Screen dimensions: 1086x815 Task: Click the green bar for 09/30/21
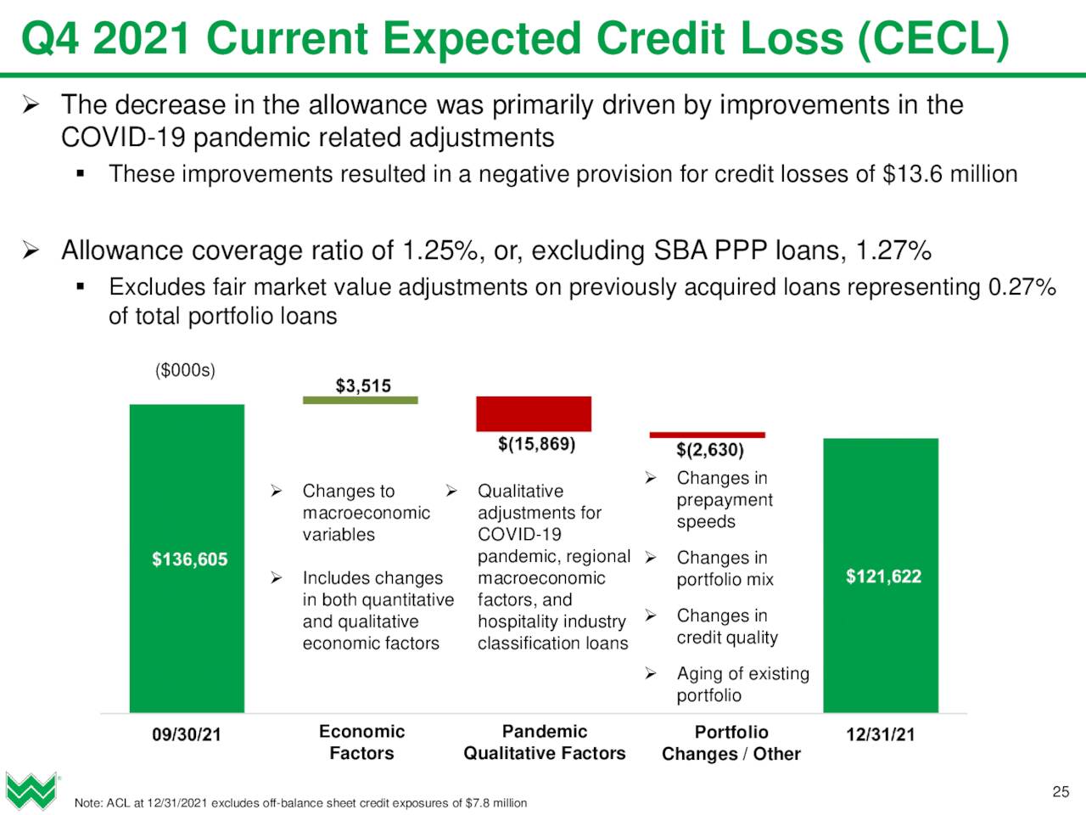[x=187, y=558]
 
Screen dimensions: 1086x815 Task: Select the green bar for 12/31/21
[x=881, y=575]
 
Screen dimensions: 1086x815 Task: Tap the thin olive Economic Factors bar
[x=361, y=400]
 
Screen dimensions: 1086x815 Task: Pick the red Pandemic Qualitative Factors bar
[x=534, y=413]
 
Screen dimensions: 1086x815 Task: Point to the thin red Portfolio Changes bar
[x=707, y=435]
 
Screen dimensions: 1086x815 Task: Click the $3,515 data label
[x=363, y=385]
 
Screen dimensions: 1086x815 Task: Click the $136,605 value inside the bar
[x=189, y=559]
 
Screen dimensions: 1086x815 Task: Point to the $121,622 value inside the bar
[x=883, y=576]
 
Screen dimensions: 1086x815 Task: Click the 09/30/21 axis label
[x=187, y=734]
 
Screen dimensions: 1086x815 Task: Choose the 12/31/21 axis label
[x=881, y=734]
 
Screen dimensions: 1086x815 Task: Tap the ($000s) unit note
[x=185, y=370]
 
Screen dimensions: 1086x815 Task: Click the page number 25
[x=1061, y=792]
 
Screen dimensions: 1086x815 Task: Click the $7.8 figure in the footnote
[x=475, y=802]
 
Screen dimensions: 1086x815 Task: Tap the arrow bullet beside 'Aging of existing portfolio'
[x=651, y=673]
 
